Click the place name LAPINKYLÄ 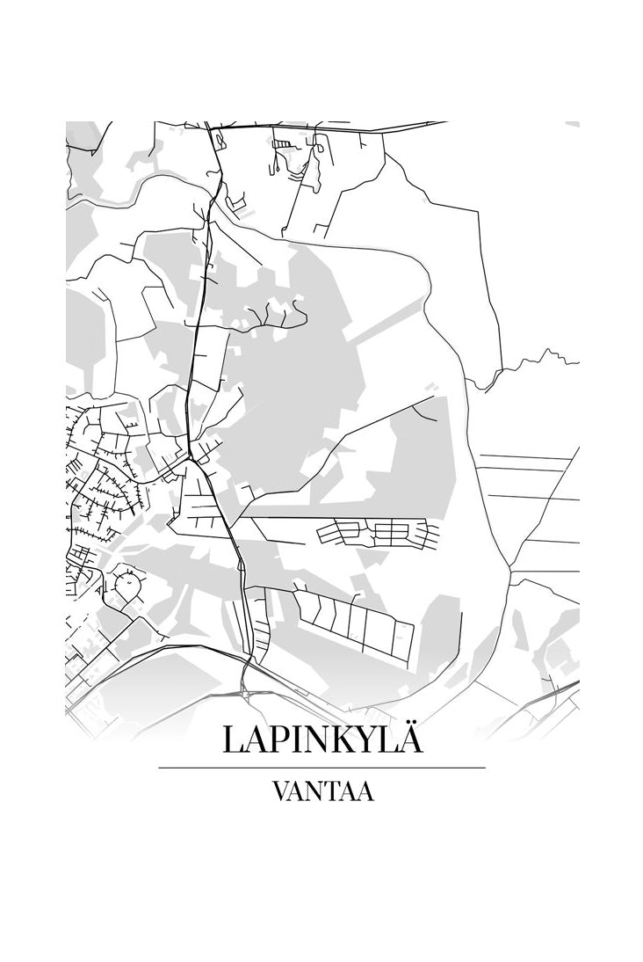click(322, 739)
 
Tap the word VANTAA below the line click(322, 791)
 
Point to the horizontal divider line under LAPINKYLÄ click(321, 768)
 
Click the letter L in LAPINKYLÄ click(233, 740)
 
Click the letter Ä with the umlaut click(410, 738)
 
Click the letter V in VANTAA click(281, 791)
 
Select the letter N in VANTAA click(316, 791)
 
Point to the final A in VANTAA click(366, 791)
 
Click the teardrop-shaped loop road click(128, 585)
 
